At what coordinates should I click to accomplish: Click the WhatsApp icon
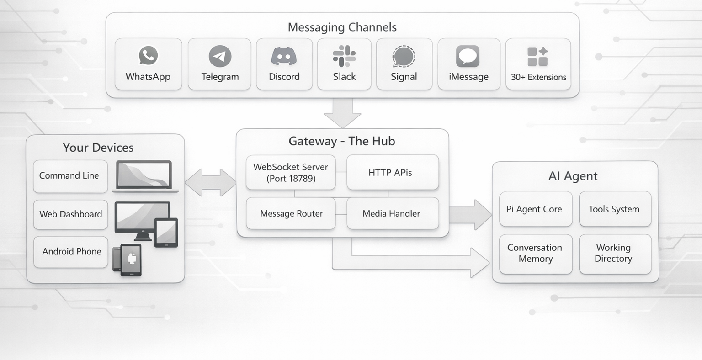[148, 56]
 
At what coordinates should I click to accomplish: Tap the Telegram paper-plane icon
[220, 56]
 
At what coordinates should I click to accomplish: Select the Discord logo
[284, 56]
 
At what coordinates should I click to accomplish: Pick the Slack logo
[344, 56]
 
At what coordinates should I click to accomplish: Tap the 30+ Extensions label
[538, 77]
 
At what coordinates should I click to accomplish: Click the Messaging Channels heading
[342, 27]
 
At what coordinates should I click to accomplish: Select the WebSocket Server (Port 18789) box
[291, 173]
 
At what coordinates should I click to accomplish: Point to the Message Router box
[291, 213]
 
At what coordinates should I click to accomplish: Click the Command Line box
[70, 176]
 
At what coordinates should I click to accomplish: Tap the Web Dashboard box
[70, 214]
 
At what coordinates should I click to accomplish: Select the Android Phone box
[71, 252]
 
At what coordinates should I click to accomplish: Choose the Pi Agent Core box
[535, 209]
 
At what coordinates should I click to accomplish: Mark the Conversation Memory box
[535, 254]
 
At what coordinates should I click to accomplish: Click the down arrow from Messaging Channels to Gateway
[342, 113]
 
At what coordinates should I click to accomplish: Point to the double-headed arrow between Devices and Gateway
[210, 182]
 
